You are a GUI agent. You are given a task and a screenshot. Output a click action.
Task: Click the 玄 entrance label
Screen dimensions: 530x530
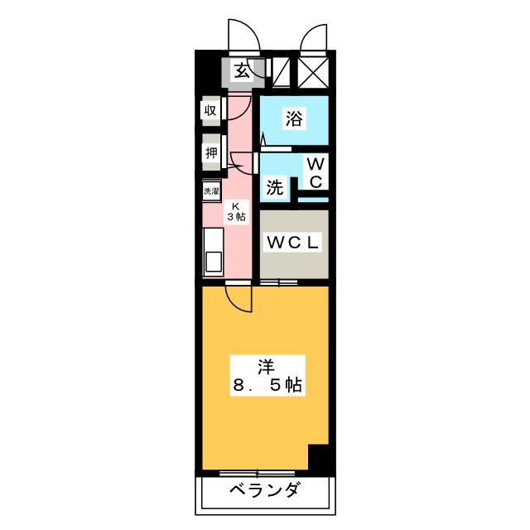[241, 71]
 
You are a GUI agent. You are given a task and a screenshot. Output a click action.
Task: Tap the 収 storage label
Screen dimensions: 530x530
[211, 110]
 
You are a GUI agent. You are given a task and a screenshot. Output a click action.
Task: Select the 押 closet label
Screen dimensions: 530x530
[211, 154]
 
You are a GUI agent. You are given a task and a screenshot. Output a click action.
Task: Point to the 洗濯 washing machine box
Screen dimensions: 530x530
[212, 191]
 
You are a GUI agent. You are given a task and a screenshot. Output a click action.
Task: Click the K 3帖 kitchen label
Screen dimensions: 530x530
[235, 211]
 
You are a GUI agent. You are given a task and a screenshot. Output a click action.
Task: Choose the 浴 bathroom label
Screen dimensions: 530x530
[294, 119]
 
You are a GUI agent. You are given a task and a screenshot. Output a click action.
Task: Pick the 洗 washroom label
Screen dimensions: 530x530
[274, 188]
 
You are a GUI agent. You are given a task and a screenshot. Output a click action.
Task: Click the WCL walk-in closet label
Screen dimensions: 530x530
[293, 243]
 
